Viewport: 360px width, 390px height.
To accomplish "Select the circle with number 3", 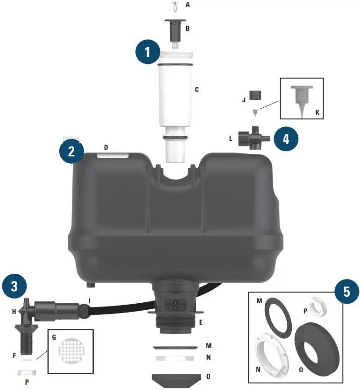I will (14, 286).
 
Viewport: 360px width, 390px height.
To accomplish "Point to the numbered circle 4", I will (285, 139).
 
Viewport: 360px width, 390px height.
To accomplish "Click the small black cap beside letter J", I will (254, 95).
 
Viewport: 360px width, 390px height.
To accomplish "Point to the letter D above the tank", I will (106, 147).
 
